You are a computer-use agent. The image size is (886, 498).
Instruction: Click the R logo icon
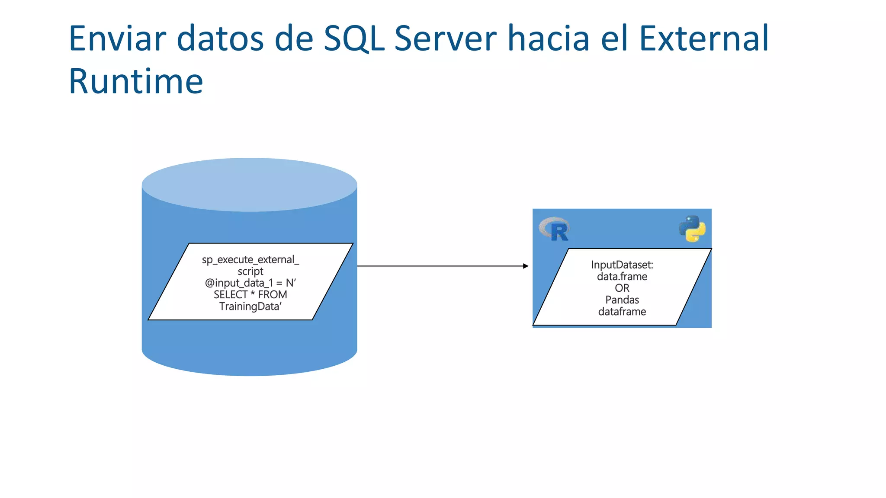[x=555, y=230]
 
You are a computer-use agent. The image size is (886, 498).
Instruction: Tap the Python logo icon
[x=692, y=228]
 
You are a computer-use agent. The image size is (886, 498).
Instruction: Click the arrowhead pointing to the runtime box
[x=525, y=266]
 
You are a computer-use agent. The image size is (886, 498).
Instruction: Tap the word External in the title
[x=704, y=39]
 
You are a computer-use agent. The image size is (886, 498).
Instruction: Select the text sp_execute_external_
[x=250, y=260]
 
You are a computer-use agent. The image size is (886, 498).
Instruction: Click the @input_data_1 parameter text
[x=239, y=283]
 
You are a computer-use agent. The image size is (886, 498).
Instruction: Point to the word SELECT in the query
[x=230, y=295]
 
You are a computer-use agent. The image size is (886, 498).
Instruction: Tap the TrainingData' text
[x=250, y=306]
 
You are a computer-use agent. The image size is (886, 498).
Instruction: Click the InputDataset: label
[x=622, y=265]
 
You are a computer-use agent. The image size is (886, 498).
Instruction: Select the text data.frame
[x=622, y=276]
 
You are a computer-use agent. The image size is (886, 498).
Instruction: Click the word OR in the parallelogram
[x=622, y=288]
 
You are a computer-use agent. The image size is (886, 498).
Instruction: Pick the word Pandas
[x=622, y=300]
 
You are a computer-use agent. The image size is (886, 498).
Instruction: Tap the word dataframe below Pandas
[x=622, y=312]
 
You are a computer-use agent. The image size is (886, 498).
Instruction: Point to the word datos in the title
[x=220, y=39]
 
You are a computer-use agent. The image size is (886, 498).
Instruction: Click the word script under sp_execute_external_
[x=250, y=271]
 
